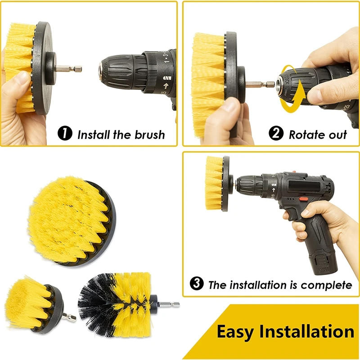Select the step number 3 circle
click(196, 284)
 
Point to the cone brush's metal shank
click(168, 304)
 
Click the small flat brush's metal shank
click(70, 318)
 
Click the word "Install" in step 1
click(92, 134)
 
